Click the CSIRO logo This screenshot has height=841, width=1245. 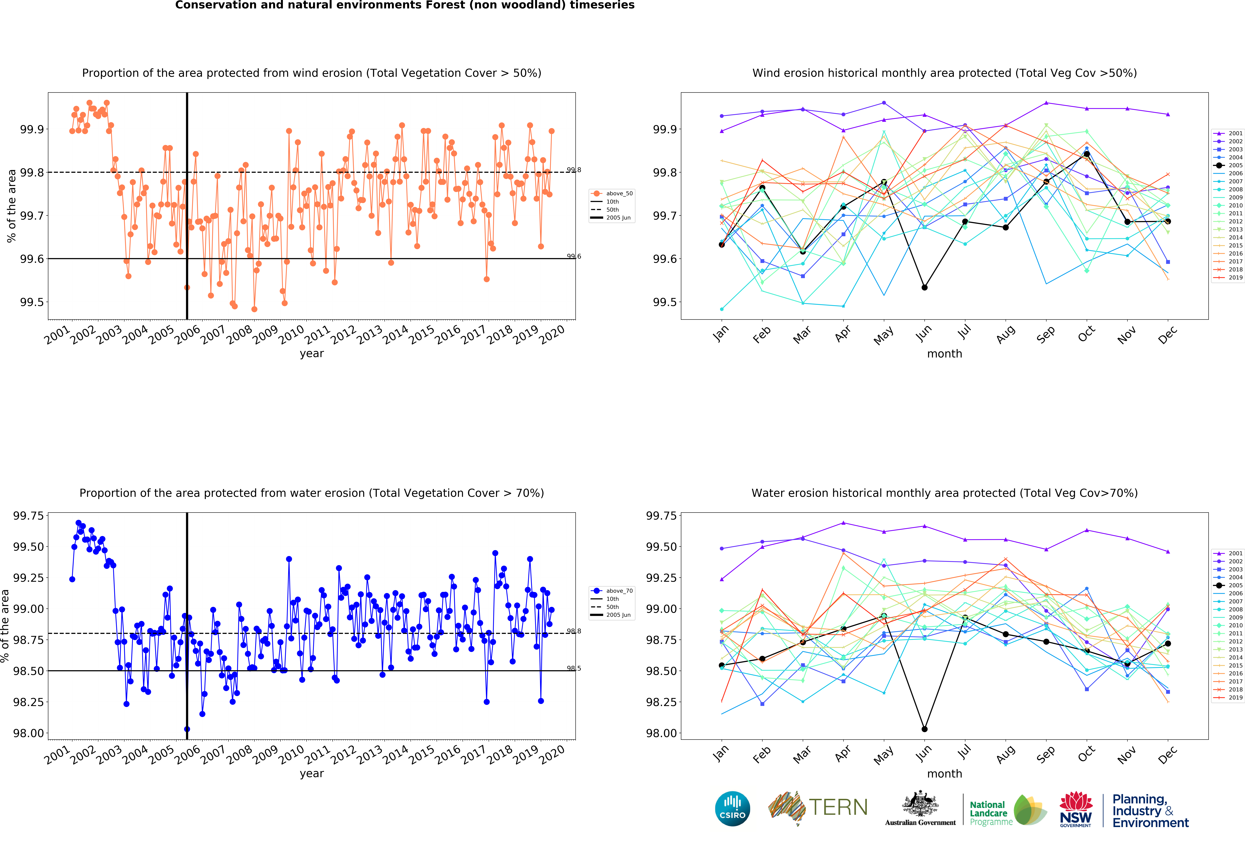(x=732, y=808)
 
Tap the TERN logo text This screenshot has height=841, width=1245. (x=838, y=807)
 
